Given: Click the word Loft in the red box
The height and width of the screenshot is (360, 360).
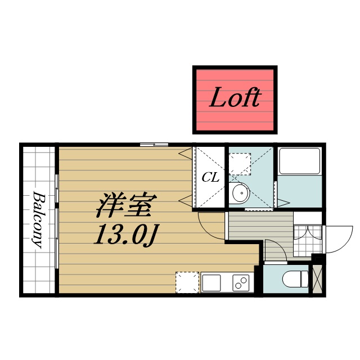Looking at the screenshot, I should pos(235,99).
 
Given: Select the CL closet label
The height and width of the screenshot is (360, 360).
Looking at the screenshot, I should pos(210,178).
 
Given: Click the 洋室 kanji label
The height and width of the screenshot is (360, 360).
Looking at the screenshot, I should pos(125,206).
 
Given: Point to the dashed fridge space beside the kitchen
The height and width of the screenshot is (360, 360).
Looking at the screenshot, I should pos(187,282).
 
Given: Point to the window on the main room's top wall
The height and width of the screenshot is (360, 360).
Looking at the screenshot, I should pos(154,145).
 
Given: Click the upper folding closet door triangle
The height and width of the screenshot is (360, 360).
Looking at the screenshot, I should pos(184,153).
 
